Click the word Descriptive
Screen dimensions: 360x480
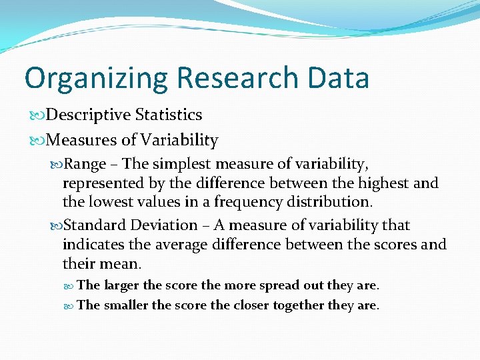pyautogui.click(x=89, y=115)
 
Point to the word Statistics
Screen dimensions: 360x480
pyautogui.click(x=169, y=115)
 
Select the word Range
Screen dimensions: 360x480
pyautogui.click(x=86, y=164)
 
